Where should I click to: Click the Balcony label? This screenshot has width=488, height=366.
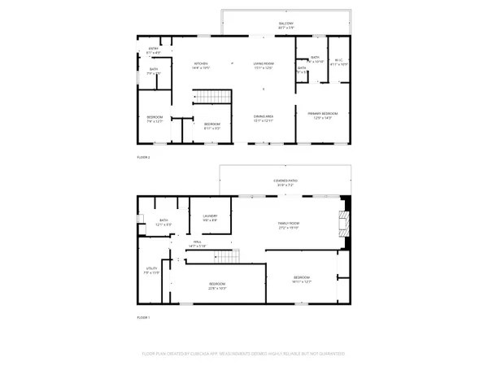[x=285, y=25]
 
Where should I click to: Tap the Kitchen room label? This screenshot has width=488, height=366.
[x=202, y=66]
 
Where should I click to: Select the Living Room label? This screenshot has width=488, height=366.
[x=261, y=66]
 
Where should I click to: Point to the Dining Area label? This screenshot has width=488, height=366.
[x=261, y=119]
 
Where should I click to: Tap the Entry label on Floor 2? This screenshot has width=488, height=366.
[x=153, y=50]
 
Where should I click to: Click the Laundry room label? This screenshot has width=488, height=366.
[x=209, y=218]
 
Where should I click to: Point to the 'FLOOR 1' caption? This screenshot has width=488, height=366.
[x=143, y=317]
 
